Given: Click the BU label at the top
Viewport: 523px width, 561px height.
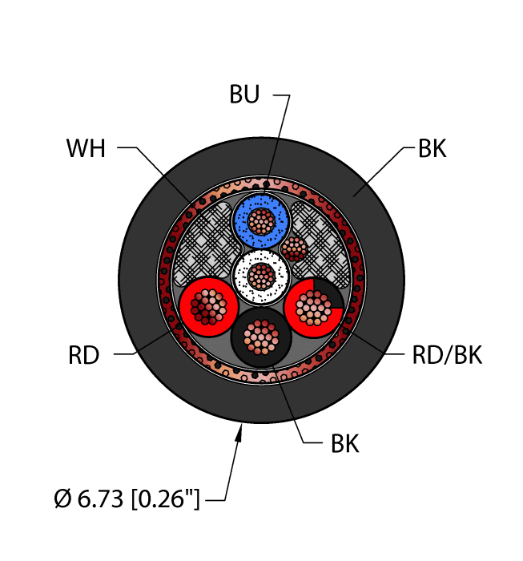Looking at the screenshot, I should pos(245,95).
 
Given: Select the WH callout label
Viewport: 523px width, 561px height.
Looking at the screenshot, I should pos(86,148).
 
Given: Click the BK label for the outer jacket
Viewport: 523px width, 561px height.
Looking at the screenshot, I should pos(432,148).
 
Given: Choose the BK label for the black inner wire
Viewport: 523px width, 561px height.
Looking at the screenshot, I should pos(344,443).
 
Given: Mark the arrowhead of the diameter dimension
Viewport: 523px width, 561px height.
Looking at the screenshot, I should pos(239,435).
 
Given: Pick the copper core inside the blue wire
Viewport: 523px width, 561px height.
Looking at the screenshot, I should pos(259,220).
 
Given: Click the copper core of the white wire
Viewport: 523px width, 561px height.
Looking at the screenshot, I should pos(259,276).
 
